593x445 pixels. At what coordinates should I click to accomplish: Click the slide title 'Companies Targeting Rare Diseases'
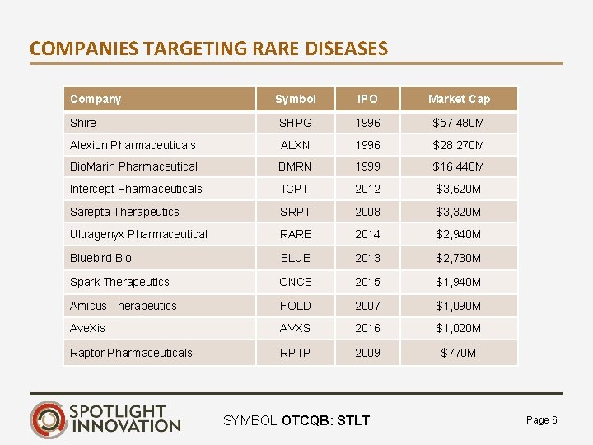[208, 49]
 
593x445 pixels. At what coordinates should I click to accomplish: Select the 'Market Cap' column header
[459, 99]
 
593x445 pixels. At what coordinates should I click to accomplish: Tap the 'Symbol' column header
[295, 99]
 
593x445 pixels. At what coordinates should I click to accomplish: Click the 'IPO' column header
[367, 99]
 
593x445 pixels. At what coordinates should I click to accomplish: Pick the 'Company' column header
[96, 99]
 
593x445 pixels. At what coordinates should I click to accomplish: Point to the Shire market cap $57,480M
[459, 123]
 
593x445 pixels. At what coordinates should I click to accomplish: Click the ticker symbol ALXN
[295, 145]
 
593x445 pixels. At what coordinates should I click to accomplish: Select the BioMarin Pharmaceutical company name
[133, 166]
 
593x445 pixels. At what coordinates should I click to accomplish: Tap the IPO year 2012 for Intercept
[367, 189]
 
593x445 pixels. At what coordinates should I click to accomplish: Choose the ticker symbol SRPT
[295, 212]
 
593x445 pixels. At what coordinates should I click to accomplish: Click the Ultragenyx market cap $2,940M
[459, 234]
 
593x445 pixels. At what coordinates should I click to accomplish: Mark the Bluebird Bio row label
[100, 258]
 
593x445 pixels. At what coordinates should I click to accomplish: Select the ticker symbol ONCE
[295, 282]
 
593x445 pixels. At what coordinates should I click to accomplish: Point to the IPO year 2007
[367, 306]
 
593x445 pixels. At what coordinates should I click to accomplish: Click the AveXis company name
[87, 328]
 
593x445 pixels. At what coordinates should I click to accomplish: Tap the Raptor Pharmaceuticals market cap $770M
[459, 353]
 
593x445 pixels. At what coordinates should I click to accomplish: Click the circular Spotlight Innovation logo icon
[48, 419]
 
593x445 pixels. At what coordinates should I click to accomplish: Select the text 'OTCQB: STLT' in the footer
[325, 421]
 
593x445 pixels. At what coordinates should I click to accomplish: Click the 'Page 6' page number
[541, 420]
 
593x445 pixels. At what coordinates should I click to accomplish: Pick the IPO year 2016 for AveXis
[367, 328]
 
